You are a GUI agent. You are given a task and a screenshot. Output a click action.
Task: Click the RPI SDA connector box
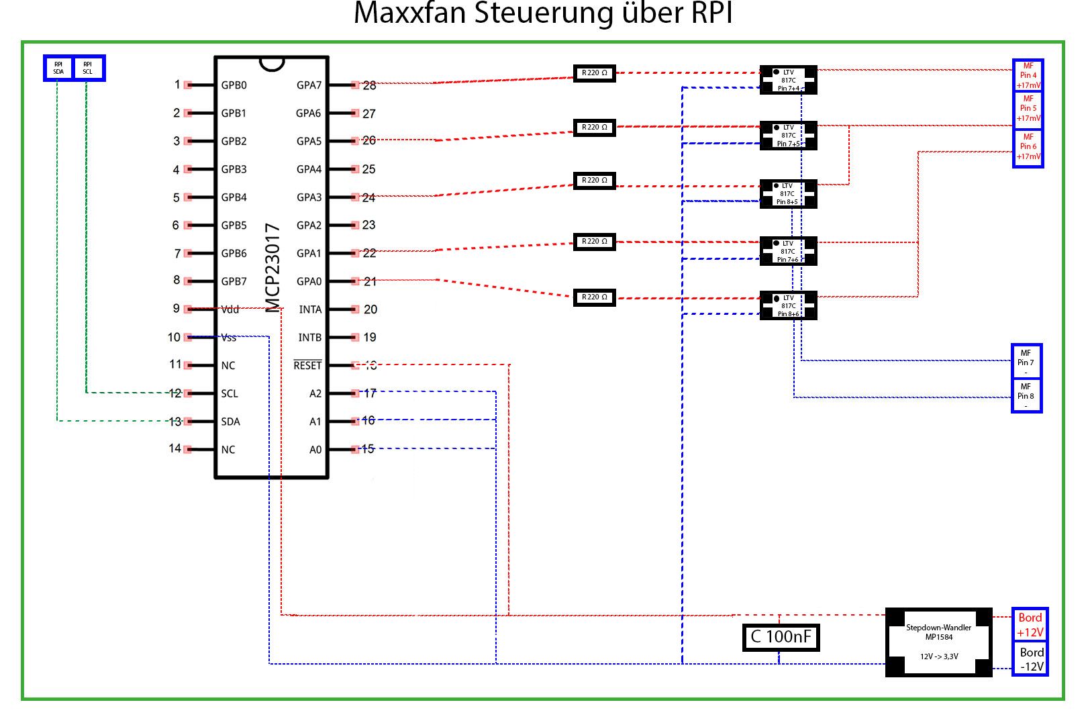(58, 68)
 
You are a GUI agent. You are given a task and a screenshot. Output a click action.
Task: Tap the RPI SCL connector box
(88, 68)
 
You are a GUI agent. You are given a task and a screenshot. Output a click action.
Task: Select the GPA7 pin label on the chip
(309, 85)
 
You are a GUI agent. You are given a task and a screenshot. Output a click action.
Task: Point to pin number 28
(369, 86)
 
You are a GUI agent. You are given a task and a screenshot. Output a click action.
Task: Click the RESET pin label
(307, 365)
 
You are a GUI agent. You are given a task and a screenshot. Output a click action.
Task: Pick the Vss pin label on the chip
(229, 338)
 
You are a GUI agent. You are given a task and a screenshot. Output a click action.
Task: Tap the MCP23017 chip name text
(272, 268)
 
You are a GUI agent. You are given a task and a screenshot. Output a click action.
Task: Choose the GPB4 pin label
(234, 197)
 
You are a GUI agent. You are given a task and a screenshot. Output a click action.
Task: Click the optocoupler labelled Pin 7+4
(788, 80)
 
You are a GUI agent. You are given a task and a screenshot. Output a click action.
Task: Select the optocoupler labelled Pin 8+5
(788, 193)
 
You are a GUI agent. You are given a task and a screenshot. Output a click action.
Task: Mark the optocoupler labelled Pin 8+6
(788, 305)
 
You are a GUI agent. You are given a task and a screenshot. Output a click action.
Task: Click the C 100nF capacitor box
(781, 637)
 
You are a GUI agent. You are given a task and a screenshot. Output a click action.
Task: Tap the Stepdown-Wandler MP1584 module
(938, 642)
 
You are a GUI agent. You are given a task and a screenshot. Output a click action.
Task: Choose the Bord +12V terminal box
(1030, 625)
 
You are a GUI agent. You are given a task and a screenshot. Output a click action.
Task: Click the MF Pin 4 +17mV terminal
(1028, 75)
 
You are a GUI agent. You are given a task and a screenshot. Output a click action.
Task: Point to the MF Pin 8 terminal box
(1026, 395)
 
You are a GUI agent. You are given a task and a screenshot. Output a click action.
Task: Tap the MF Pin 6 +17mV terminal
(1028, 146)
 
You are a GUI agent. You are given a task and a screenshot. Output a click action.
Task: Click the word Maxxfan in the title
(410, 13)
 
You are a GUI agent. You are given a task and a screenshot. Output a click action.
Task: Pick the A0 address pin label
(315, 450)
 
